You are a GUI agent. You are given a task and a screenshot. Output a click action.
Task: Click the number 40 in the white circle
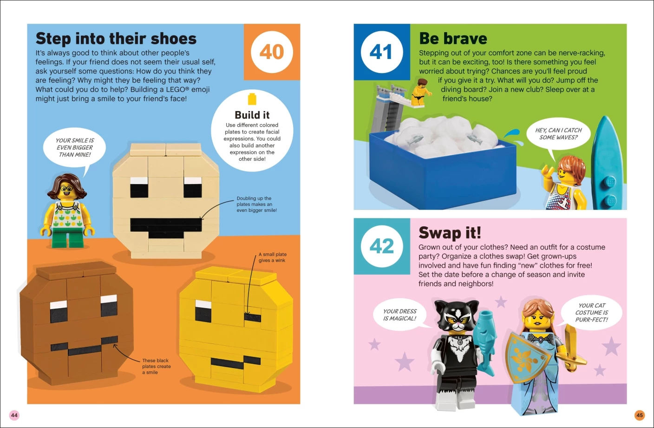pos(272,52)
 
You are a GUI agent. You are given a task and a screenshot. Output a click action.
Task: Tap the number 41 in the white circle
pos(381,52)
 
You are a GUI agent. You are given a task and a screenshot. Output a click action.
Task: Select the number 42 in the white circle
pos(382,246)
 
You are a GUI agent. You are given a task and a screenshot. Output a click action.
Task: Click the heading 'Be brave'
pos(453,39)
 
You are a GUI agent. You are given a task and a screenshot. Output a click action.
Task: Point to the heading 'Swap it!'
pos(450,233)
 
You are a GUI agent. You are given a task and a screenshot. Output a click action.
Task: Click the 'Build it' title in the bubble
pos(252,115)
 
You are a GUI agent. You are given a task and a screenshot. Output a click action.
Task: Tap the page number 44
pos(14,415)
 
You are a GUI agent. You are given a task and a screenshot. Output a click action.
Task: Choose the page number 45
pos(640,415)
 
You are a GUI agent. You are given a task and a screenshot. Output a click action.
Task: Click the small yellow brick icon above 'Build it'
pos(252,99)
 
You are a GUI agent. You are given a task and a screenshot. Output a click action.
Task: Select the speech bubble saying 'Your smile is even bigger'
pos(74,148)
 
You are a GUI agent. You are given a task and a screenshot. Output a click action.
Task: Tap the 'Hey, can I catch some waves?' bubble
pos(558,134)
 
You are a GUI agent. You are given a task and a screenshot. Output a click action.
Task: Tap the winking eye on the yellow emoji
pos(253,317)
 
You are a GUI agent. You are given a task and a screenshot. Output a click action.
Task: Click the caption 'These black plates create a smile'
pos(157,366)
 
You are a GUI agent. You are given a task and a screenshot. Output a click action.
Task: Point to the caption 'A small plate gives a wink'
pos(272,257)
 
